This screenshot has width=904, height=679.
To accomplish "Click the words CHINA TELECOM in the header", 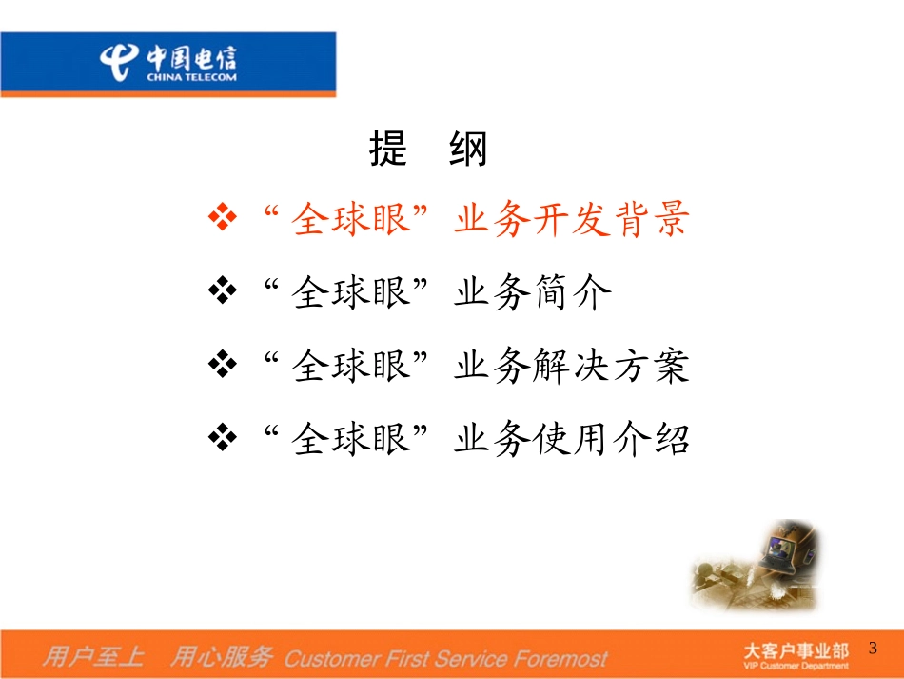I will [x=191, y=77].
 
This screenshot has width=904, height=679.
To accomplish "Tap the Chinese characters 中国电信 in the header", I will [x=191, y=57].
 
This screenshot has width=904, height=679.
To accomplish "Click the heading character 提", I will [x=388, y=150].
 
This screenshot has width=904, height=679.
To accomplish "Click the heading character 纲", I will [x=468, y=150].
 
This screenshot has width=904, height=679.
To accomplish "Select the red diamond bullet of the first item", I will [x=222, y=218].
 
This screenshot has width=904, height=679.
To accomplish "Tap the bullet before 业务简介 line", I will [x=222, y=291].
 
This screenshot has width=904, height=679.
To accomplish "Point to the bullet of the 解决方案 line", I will [x=222, y=365].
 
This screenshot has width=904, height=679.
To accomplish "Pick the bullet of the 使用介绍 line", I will [x=222, y=438].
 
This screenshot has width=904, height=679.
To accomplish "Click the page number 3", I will [x=873, y=649].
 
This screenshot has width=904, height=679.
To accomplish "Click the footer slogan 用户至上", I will [x=93, y=656].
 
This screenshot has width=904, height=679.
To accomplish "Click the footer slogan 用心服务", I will [x=221, y=656].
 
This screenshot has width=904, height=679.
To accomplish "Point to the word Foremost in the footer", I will [x=560, y=658].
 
